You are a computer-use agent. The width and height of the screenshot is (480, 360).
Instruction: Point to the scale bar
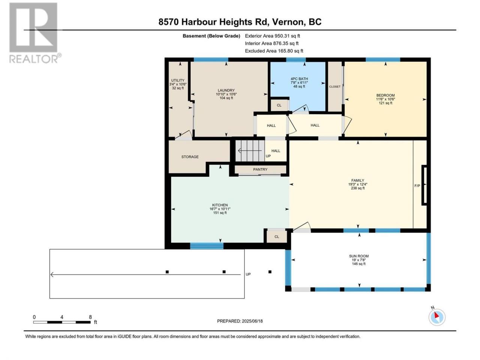pos(62,322)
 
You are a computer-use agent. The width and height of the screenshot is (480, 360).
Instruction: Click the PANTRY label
pos(260,169)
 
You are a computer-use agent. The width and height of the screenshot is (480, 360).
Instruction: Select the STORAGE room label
pos(190,157)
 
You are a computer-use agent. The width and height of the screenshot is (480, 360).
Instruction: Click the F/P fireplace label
pos(417,186)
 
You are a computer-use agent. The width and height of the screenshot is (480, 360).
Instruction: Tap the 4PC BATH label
pos(299,79)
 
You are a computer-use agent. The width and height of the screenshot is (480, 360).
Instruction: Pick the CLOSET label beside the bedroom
pos(334,87)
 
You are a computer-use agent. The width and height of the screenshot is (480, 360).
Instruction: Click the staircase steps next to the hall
pos(250,151)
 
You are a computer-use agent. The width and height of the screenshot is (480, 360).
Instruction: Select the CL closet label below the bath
pos(279,105)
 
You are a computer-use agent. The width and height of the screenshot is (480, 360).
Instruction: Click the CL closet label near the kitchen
pos(277,237)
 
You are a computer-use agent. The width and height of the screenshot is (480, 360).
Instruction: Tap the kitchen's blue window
pos(207,246)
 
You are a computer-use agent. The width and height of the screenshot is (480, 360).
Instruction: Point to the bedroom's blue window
pos(383,60)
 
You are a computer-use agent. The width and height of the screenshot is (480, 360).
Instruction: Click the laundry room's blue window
pos(211,60)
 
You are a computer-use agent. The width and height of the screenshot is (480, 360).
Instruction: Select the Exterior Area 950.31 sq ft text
pos(273,36)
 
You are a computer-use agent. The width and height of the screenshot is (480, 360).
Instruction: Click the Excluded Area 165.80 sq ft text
pos(274,51)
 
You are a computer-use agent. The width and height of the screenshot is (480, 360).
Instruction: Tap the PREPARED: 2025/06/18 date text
pos(240,321)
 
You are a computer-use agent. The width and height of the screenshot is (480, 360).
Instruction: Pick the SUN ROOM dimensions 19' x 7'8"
pos(358,260)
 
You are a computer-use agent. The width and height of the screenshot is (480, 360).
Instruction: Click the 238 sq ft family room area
pos(358,188)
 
